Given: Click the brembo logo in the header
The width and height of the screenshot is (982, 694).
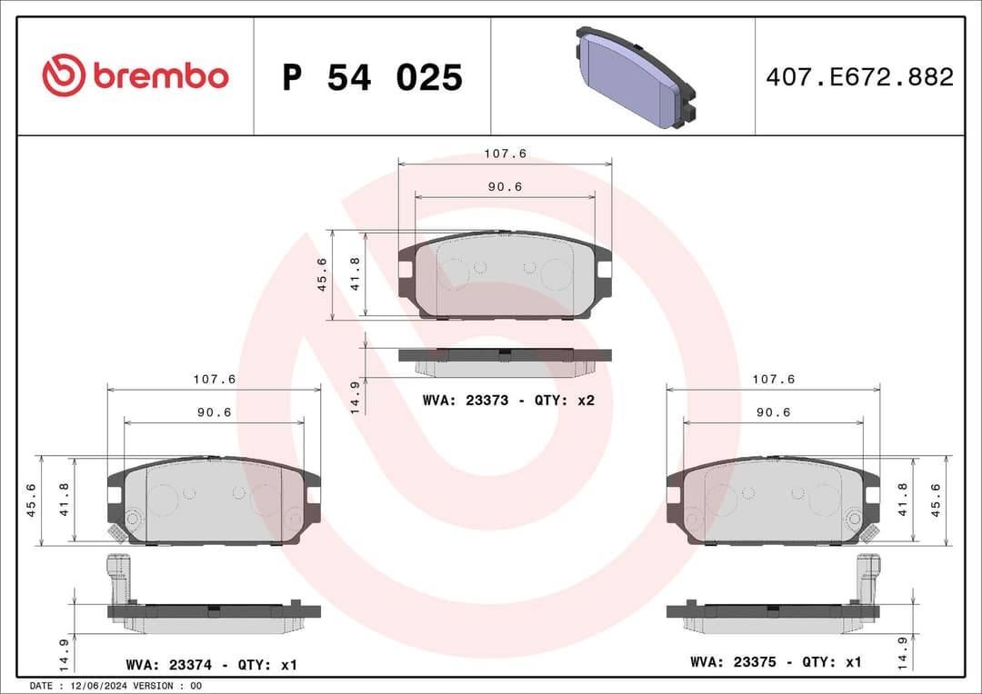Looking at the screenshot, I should tap(135, 76).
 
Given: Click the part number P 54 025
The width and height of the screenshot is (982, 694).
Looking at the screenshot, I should tap(372, 78).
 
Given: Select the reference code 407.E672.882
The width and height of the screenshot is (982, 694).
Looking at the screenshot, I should tap(859, 77).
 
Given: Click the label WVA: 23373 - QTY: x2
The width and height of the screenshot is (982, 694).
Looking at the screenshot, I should tap(508, 400).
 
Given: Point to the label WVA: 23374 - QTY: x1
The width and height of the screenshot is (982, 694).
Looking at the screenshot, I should tap(212, 665).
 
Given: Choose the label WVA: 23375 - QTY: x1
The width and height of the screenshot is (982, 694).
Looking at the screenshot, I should tap(776, 662).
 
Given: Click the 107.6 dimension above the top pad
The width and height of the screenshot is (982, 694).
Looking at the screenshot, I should tap(505, 154).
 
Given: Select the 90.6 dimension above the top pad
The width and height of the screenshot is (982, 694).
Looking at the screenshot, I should tap(505, 186).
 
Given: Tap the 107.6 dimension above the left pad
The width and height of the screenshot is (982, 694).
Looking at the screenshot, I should tap(214, 379).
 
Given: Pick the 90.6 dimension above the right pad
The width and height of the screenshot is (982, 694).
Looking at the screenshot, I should tap(773, 411).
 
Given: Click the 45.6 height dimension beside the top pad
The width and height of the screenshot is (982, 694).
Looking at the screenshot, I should tap(321, 274).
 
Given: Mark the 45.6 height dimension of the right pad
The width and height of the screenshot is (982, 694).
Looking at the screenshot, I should tap(935, 501).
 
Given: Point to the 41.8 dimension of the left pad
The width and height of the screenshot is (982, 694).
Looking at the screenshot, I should tap(64, 501).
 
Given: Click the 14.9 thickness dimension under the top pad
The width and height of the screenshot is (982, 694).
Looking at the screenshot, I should tap(355, 396).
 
